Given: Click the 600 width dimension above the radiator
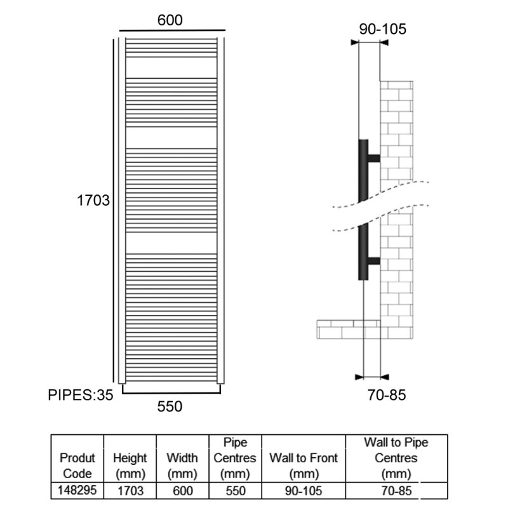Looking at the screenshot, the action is pyautogui.click(x=170, y=20).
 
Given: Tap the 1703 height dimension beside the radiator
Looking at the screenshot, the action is pyautogui.click(x=93, y=200).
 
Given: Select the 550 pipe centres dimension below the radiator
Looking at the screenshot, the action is pyautogui.click(x=170, y=406).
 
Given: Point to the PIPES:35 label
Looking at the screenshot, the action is pyautogui.click(x=81, y=395).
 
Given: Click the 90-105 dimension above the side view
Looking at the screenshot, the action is pyautogui.click(x=382, y=29).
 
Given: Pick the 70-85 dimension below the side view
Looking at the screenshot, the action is pyautogui.click(x=387, y=395).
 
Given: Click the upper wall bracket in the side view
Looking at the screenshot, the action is pyautogui.click(x=374, y=158).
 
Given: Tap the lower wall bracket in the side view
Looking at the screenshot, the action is pyautogui.click(x=374, y=261).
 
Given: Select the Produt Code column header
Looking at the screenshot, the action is pyautogui.click(x=77, y=465).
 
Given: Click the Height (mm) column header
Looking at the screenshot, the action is pyautogui.click(x=130, y=465).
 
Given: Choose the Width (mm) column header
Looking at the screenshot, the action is pyautogui.click(x=182, y=465).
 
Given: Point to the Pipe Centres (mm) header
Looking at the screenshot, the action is pyautogui.click(x=235, y=458).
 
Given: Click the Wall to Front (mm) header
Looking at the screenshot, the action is pyautogui.click(x=304, y=465).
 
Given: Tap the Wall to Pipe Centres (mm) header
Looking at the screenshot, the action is pyautogui.click(x=396, y=458).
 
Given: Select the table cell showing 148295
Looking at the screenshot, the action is pyautogui.click(x=77, y=490).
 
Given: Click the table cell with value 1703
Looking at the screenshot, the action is pyautogui.click(x=130, y=491).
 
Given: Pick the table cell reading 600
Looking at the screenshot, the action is pyautogui.click(x=183, y=491).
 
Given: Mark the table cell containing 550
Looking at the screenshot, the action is pyautogui.click(x=236, y=491).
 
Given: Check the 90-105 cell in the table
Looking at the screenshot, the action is pyautogui.click(x=304, y=491).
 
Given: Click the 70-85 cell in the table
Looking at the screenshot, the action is pyautogui.click(x=396, y=491).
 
